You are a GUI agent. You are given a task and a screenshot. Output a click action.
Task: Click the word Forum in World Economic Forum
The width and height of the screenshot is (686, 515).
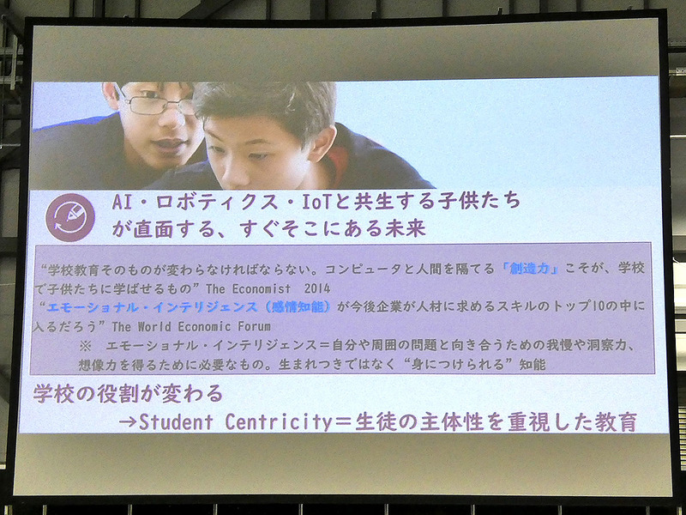(x=251, y=326)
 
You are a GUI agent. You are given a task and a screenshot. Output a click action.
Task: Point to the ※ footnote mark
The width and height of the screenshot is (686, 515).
(x=84, y=345)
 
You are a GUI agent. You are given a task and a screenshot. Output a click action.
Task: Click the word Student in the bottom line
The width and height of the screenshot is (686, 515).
(x=179, y=422)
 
